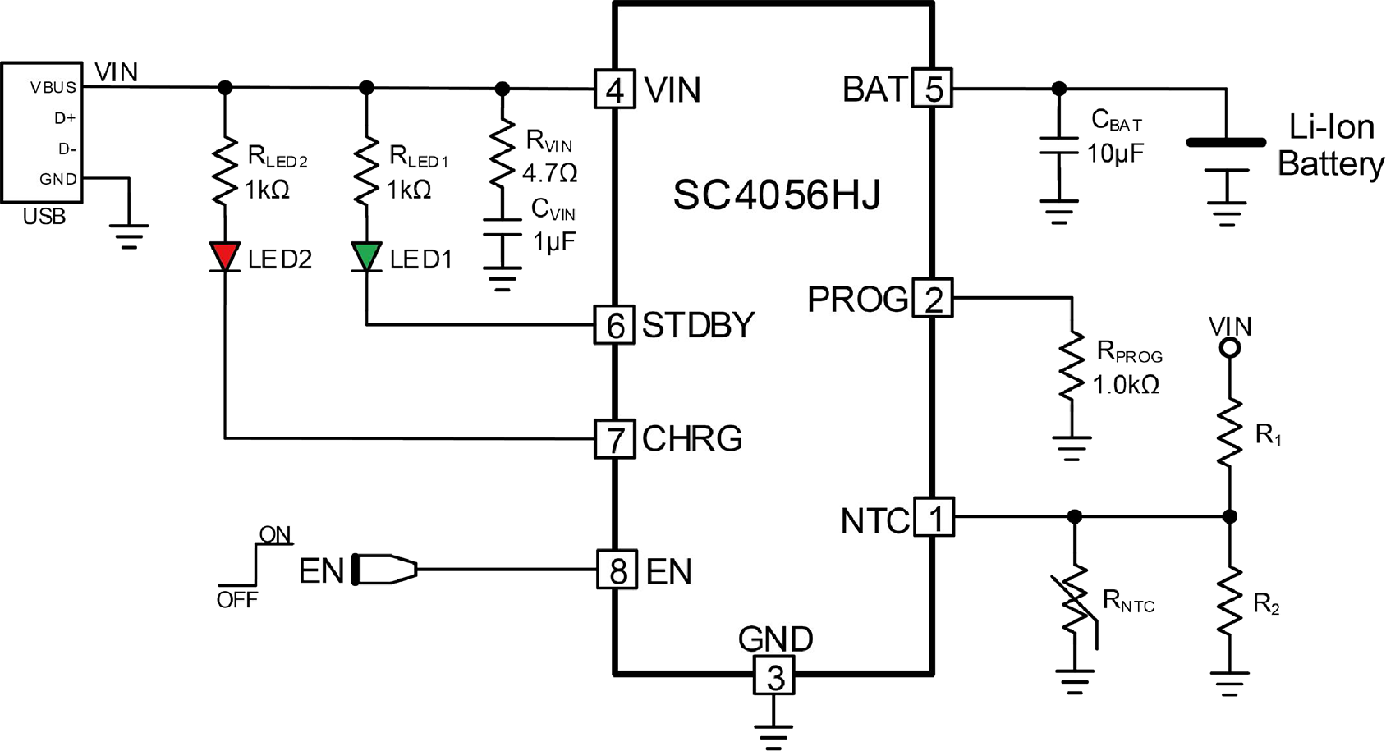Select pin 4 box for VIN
coord(614,89)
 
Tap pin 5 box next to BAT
coord(933,89)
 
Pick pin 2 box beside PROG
coord(933,298)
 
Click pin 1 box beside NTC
coord(934,516)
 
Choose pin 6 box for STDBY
coord(614,325)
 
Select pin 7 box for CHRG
coord(614,438)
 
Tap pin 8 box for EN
coord(617,569)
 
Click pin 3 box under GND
coord(774,675)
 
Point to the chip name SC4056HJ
coord(777,195)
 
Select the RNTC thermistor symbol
coord(1076,607)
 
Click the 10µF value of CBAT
coord(1116,153)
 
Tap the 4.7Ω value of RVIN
coord(550,172)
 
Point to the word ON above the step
coord(275,534)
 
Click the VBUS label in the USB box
coord(53,88)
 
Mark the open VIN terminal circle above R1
coord(1229,349)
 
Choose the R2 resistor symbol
coord(1229,600)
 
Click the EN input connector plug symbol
coord(384,569)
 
